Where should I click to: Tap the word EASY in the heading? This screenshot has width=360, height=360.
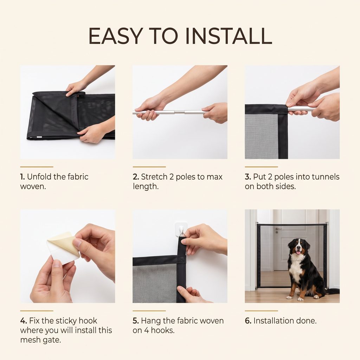click(x=114, y=36)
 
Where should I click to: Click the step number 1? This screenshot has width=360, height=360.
click(x=22, y=177)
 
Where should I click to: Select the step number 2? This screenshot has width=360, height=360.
click(x=136, y=177)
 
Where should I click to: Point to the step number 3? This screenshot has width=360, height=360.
click(x=248, y=177)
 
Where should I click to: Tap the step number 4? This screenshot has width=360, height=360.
click(x=24, y=321)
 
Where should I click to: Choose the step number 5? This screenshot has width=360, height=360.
click(x=136, y=321)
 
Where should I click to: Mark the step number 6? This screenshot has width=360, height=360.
click(x=248, y=321)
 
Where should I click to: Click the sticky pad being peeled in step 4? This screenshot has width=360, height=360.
click(x=63, y=248)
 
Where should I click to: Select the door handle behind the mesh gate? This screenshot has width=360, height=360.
click(x=278, y=229)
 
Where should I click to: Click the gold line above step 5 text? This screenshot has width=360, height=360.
click(x=149, y=311)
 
